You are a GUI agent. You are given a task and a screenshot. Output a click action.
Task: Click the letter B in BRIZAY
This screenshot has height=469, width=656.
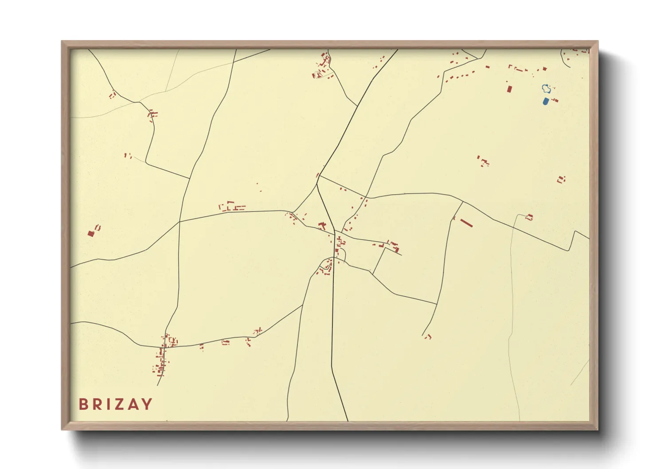click(83, 404)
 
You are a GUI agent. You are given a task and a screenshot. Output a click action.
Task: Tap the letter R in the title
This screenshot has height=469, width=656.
click(97, 404)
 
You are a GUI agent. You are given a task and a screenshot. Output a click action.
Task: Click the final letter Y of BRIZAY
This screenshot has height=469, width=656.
click(147, 404)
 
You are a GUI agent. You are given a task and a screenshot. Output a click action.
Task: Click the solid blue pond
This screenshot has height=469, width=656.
click(545, 102)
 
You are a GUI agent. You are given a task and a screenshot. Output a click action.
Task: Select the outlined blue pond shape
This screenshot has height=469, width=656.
click(547, 89)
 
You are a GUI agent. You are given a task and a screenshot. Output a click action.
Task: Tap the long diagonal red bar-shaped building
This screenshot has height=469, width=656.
click(466, 223)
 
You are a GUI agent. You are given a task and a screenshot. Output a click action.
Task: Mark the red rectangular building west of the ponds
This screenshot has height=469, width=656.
click(509, 89)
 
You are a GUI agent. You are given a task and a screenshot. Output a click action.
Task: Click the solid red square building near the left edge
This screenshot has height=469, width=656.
click(91, 234)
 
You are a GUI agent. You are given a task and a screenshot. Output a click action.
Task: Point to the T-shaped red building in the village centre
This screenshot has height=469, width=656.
click(322, 226)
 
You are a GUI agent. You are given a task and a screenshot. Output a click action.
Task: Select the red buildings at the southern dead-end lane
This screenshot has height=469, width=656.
click(428, 337)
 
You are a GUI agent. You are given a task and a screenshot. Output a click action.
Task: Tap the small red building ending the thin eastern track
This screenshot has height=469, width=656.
click(529, 217)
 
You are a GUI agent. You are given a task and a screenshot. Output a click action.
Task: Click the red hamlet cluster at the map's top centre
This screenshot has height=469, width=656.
click(323, 66)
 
